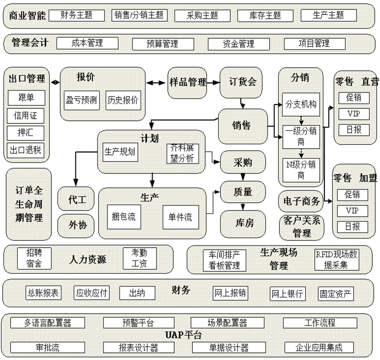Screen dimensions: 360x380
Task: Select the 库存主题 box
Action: coord(266,15)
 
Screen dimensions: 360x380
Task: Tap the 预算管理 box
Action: coord(162,44)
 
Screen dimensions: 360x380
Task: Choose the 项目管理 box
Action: coord(314,44)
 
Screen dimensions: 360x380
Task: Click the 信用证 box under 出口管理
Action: coord(26,116)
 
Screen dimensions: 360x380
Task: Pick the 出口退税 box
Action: coord(26,150)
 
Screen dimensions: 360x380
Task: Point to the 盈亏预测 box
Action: coord(81,100)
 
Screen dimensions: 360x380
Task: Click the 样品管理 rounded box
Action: coord(188,82)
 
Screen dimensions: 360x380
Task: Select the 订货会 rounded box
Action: coord(243,82)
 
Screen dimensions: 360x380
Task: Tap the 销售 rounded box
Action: coord(243,126)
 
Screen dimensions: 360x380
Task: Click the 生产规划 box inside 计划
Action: coord(120,152)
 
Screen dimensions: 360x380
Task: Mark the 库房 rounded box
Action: coord(243,222)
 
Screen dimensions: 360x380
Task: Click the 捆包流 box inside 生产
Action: coord(124,217)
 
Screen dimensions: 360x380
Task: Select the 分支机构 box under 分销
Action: coord(301,104)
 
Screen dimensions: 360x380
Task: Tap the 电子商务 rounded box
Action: coord(301,201)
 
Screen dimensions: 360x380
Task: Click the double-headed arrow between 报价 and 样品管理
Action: coord(156,82)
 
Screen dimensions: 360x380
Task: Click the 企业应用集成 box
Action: coord(319,348)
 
